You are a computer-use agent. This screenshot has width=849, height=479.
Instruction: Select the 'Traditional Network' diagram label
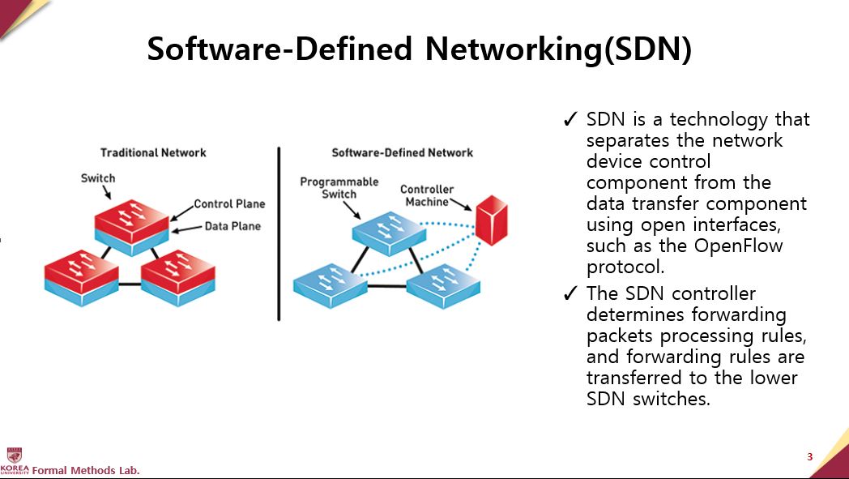point(153,152)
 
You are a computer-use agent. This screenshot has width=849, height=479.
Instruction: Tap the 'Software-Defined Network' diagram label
point(402,152)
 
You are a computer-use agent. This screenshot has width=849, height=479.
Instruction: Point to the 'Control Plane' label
point(229,203)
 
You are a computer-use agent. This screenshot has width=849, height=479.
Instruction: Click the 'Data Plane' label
point(233,226)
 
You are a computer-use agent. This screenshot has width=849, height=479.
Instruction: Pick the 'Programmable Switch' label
point(339,187)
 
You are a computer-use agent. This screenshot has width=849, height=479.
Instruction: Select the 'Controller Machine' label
point(427,195)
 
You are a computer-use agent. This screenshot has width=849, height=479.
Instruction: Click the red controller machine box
point(491,220)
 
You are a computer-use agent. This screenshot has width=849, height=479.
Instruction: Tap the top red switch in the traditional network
point(132,221)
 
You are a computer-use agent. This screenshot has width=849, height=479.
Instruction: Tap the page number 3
point(809,457)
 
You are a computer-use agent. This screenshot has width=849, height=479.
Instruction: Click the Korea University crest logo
point(14,455)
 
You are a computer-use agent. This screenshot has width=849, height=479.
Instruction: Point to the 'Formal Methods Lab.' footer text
point(86,470)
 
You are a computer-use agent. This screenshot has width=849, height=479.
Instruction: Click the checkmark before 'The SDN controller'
point(570,294)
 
